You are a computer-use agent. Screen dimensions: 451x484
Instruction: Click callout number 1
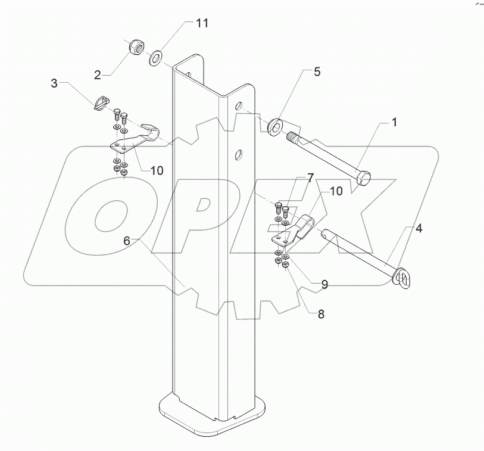(x=394, y=123)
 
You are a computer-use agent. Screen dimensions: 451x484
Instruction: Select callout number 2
(x=97, y=74)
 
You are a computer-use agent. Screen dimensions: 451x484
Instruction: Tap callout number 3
(x=54, y=84)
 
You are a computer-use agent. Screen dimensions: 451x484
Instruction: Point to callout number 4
(x=419, y=228)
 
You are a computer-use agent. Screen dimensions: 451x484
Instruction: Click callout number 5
(x=317, y=72)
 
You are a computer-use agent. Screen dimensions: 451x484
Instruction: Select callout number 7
(x=310, y=178)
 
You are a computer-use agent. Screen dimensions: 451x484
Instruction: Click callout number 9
(x=324, y=285)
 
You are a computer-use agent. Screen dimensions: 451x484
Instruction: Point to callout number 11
(x=202, y=23)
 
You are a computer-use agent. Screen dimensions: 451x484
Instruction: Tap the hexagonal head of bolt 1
(x=364, y=177)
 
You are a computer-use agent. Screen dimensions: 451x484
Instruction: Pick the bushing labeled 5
(x=275, y=126)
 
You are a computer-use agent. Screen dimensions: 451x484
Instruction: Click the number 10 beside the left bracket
(x=156, y=170)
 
